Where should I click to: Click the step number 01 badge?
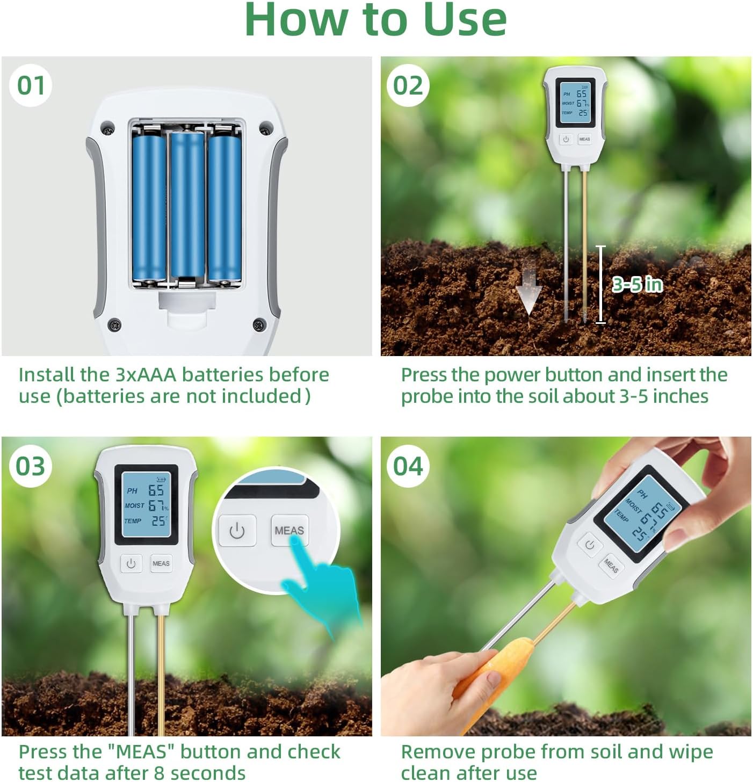(x=31, y=85)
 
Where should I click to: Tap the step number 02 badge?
(x=408, y=85)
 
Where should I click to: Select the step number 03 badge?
(x=31, y=466)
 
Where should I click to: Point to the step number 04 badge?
(x=408, y=466)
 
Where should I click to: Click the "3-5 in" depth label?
(x=638, y=284)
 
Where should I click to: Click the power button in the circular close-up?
(x=237, y=531)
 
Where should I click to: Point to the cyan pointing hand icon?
(x=322, y=591)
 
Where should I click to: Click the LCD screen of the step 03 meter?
(x=146, y=505)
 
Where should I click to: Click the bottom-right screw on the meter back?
(x=259, y=324)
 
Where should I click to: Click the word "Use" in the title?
(x=465, y=20)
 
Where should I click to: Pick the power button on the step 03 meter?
(x=131, y=563)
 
